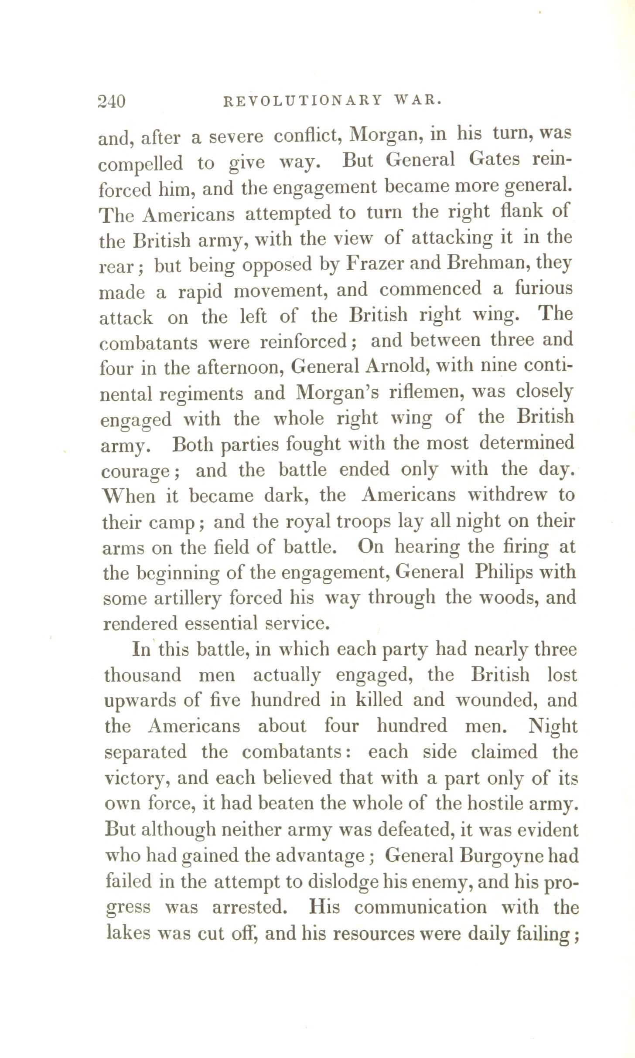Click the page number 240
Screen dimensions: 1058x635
point(112,102)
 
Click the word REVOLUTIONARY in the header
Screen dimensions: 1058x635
point(302,101)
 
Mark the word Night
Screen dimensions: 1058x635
point(553,727)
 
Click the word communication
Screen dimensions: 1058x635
point(420,908)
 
